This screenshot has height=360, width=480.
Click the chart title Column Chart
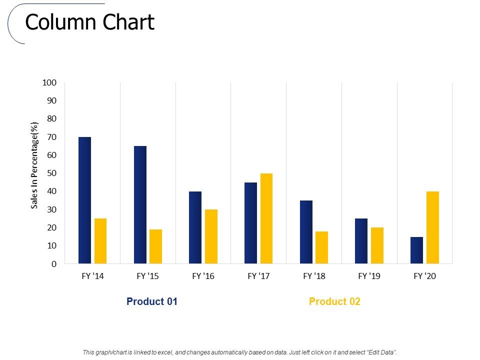[90, 22]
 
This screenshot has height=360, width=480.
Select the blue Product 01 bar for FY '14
[85, 200]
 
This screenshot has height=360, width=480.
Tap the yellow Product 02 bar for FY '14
[100, 241]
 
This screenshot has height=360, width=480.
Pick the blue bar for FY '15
[140, 205]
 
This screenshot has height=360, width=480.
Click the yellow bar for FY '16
[211, 236]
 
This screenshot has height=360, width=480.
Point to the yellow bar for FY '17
[266, 218]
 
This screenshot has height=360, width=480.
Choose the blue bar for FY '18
[306, 232]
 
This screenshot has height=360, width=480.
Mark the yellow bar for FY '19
[377, 245]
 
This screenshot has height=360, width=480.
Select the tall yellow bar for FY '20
[432, 227]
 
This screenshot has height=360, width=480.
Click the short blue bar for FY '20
[416, 250]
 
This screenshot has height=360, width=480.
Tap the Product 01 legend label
[152, 301]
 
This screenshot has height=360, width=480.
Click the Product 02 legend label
[334, 301]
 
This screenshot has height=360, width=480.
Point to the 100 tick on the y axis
[50, 82]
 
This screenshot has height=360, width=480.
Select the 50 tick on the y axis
[52, 173]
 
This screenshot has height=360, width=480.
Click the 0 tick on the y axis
[54, 264]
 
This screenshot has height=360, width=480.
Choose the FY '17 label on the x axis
[258, 276]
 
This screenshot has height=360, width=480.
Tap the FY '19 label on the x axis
[369, 276]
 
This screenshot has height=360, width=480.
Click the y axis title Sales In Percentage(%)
[34, 165]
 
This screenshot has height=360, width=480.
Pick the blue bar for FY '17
[250, 223]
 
